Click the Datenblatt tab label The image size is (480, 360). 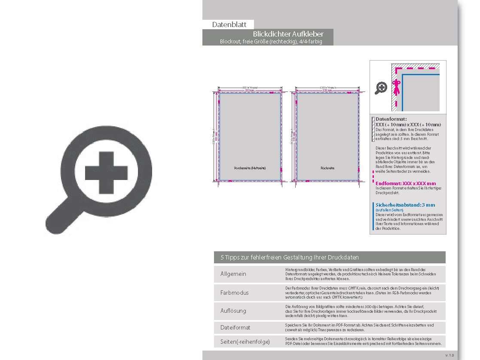click(228, 25)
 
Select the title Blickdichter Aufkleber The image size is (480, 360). click(288, 34)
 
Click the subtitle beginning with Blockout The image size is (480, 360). click(271, 42)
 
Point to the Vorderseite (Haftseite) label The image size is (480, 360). click(250, 168)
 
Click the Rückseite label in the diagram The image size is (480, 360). click(327, 168)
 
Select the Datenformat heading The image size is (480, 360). click(391, 119)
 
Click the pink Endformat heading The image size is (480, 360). click(405, 183)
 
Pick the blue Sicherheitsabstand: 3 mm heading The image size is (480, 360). click(405, 205)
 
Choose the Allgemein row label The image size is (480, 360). click(233, 274)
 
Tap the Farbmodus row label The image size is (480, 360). click(234, 293)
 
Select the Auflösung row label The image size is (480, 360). click(233, 311)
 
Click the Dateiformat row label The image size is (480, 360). click(235, 327)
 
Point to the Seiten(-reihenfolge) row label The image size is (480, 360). click(245, 342)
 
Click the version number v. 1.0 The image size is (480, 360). click(449, 355)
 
